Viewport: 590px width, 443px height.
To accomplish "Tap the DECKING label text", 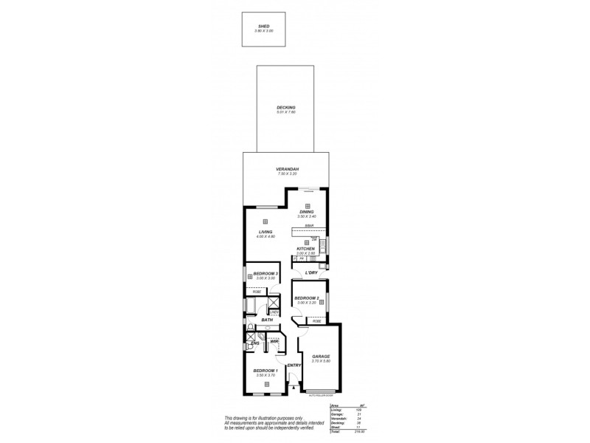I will click(x=285, y=107).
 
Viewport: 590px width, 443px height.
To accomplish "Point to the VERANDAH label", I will click(x=285, y=169).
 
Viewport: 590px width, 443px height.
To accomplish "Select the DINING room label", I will click(x=305, y=212).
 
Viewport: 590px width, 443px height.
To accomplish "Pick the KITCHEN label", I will click(x=306, y=249).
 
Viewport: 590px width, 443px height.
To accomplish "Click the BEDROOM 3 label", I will click(x=265, y=273).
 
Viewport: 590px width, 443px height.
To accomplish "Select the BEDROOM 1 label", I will click(x=265, y=371).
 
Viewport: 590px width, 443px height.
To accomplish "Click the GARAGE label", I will click(x=319, y=357).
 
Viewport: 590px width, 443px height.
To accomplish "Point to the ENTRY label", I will click(x=294, y=365).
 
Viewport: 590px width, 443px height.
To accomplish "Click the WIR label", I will click(x=274, y=342).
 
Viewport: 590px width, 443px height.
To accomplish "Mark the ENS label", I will click(x=254, y=343).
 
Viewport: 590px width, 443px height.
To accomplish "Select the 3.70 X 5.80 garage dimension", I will click(x=319, y=362).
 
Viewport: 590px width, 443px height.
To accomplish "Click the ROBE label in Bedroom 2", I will click(x=316, y=322).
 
